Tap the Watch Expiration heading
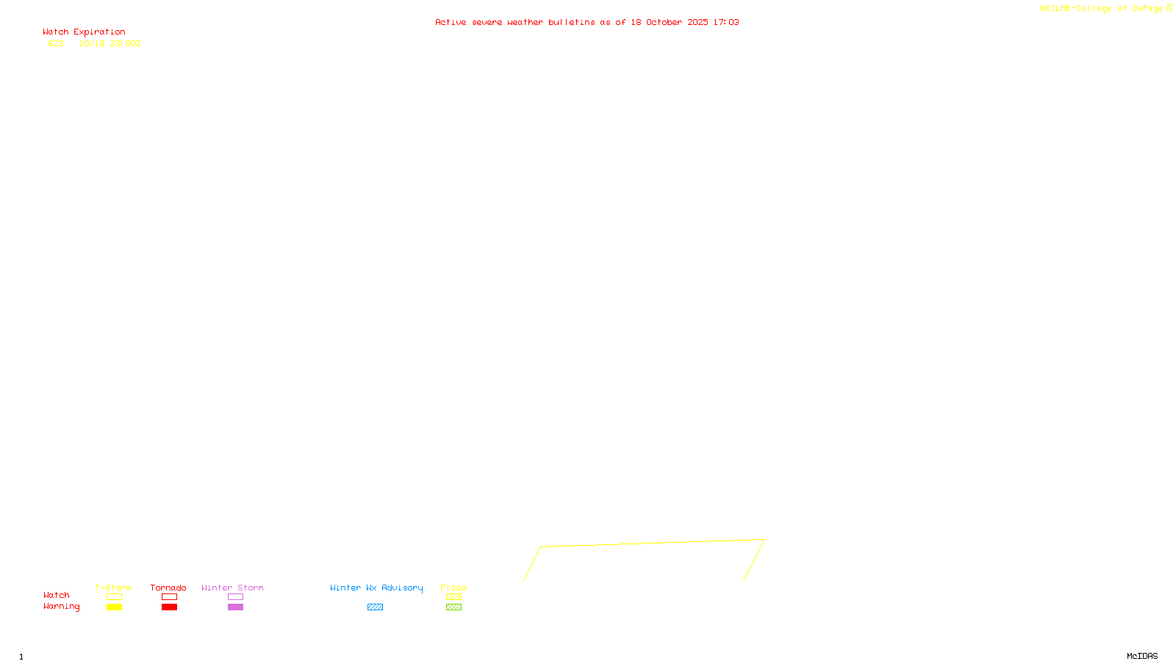(84, 32)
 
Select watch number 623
(56, 44)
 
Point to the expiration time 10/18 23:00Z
(110, 44)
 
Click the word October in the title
(664, 23)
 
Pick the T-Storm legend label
(113, 588)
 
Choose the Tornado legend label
(168, 588)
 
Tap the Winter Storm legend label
(232, 588)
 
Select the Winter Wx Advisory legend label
(376, 588)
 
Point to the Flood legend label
(453, 588)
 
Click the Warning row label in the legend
(62, 607)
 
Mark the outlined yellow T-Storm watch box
(114, 597)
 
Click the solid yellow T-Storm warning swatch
(114, 607)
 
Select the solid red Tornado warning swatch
(169, 607)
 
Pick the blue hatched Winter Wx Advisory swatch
(375, 607)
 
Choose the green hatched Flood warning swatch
(453, 607)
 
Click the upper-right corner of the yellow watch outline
(764, 540)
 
